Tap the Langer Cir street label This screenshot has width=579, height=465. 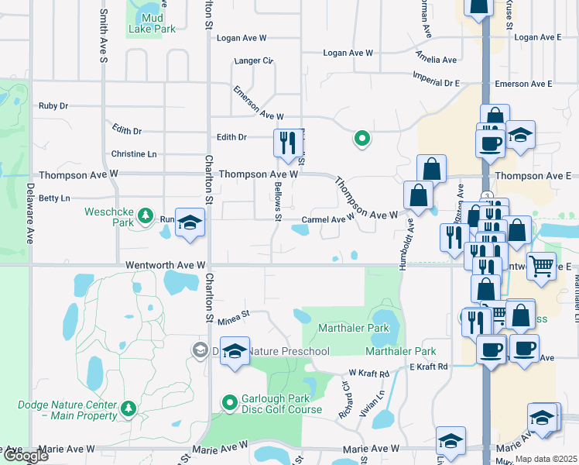(254, 60)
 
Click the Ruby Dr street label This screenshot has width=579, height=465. (53, 106)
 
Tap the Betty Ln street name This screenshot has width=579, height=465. (54, 198)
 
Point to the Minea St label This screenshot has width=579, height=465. (235, 315)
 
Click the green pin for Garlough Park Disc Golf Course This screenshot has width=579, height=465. (229, 403)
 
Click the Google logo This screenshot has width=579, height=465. (26, 457)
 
